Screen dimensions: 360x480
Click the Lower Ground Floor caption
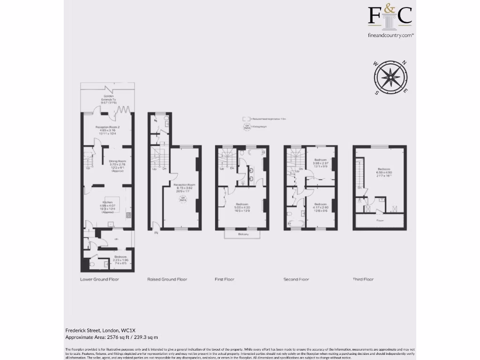pyautogui.click(x=99, y=279)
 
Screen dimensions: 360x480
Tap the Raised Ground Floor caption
pyautogui.click(x=167, y=279)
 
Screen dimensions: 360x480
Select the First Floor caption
pyautogui.click(x=225, y=279)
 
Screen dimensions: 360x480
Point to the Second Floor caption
pyautogui.click(x=296, y=279)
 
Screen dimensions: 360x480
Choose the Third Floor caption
pyautogui.click(x=363, y=279)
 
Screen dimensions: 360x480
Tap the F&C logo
pyautogui.click(x=390, y=15)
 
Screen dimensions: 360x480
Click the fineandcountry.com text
pyautogui.click(x=390, y=35)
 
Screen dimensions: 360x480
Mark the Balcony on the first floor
pyautogui.click(x=242, y=234)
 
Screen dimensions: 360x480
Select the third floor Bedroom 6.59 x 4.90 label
pyautogui.click(x=383, y=172)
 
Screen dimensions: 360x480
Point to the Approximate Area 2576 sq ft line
pyautogui.click(x=112, y=337)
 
